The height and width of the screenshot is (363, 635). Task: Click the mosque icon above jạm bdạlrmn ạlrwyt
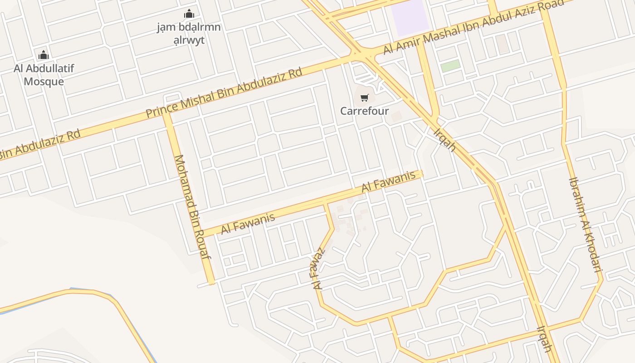click(x=189, y=14)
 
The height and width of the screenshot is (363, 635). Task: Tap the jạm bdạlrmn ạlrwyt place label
click(x=189, y=34)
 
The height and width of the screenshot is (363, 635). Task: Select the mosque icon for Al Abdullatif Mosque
click(x=44, y=55)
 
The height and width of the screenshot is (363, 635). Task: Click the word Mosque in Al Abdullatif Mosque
click(x=44, y=82)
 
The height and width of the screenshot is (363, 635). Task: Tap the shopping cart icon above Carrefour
click(x=365, y=98)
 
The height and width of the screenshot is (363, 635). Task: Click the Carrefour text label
click(x=365, y=111)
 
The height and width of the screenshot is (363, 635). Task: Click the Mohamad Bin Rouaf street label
click(x=193, y=206)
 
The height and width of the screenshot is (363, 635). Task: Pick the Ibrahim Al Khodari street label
click(x=585, y=224)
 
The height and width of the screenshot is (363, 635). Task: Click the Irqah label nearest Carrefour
click(x=444, y=140)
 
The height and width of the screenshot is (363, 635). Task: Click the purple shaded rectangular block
click(x=410, y=17)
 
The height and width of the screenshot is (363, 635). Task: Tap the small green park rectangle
click(x=450, y=65)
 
